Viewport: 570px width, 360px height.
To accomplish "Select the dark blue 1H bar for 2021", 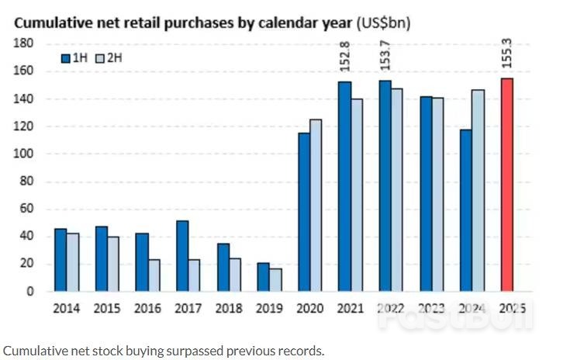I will (x=344, y=186).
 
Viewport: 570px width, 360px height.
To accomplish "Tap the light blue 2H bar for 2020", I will (x=316, y=205).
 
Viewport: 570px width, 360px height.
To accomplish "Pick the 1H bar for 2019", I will (x=263, y=277).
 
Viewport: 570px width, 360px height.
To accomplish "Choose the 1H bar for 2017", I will (x=182, y=256).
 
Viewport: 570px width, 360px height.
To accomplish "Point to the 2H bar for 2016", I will (x=154, y=275).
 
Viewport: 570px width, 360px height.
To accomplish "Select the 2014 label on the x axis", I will (x=65, y=309).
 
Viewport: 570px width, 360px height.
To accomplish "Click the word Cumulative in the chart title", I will (x=48, y=22).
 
